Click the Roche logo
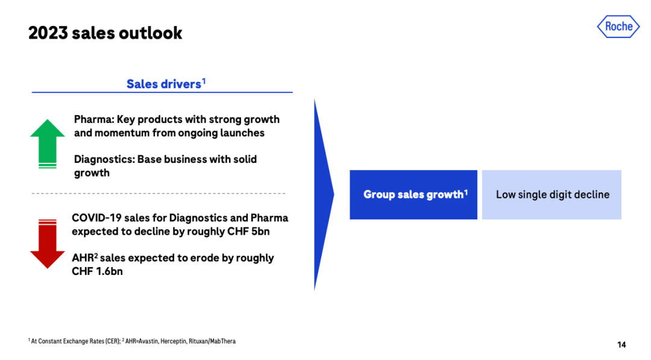(x=618, y=27)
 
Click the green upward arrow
(x=48, y=144)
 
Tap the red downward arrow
(x=48, y=244)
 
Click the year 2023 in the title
(x=48, y=33)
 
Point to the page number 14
(x=621, y=345)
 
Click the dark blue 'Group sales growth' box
(x=414, y=195)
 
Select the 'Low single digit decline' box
(x=552, y=195)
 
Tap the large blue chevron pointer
(x=324, y=194)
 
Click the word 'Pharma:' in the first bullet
(x=94, y=119)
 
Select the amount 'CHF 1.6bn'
(x=97, y=271)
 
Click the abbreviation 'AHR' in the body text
(x=83, y=258)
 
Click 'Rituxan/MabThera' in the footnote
(x=212, y=341)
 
